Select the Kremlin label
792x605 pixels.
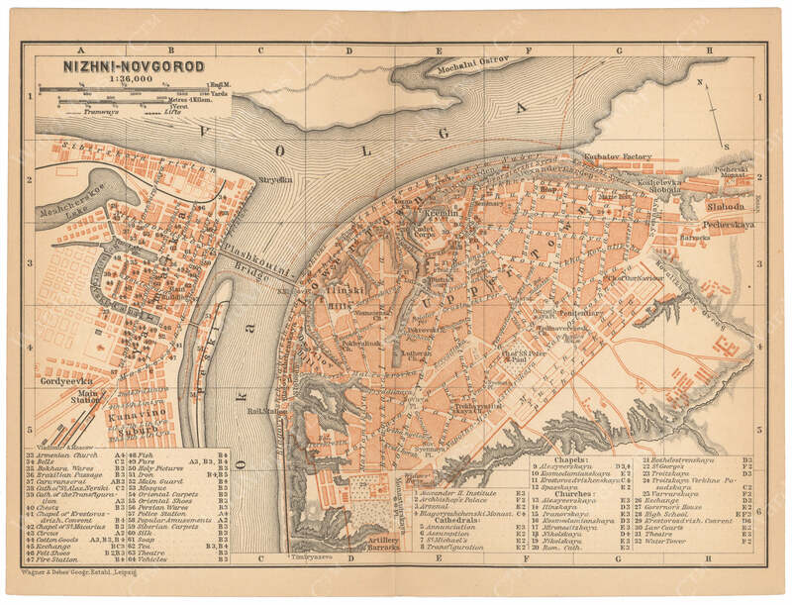coord(440,213)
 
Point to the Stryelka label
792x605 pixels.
coord(275,180)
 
